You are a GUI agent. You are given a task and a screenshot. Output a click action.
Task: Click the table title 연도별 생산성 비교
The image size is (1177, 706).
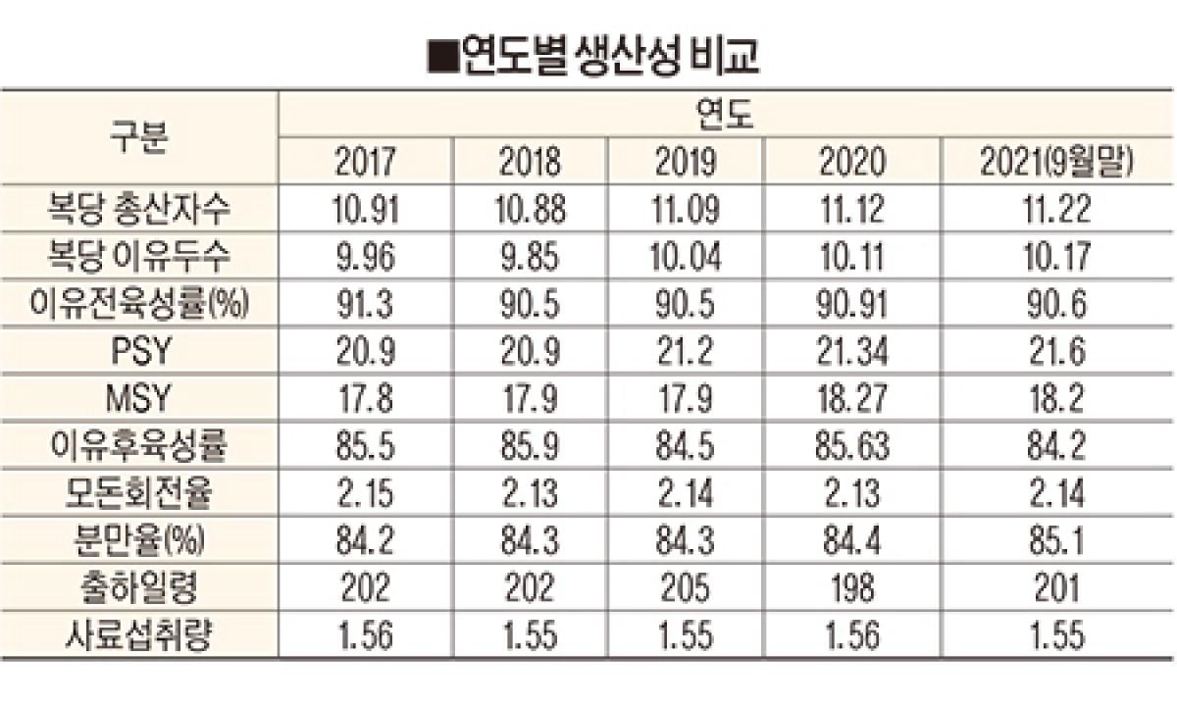[593, 56]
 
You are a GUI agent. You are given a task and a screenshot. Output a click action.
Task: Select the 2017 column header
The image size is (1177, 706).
[364, 162]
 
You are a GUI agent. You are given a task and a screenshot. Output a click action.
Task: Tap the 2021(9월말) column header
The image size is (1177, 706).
[1056, 162]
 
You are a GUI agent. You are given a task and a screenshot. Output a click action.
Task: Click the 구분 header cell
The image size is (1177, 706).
[138, 138]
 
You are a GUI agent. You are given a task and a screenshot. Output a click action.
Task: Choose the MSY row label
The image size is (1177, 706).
[138, 400]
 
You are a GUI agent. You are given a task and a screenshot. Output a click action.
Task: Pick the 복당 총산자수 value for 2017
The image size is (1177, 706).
[364, 210]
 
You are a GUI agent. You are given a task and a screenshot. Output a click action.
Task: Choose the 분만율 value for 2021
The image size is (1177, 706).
[1056, 542]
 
